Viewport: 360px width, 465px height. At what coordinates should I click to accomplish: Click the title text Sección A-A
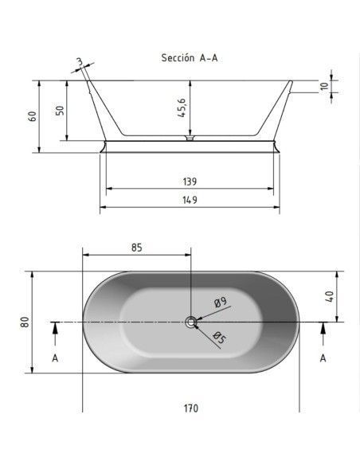click(x=190, y=57)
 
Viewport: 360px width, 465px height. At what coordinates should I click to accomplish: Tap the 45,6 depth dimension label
click(x=182, y=107)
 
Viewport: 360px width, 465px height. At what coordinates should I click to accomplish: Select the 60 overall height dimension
click(x=33, y=116)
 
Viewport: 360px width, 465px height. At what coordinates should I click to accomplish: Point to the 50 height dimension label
click(x=61, y=111)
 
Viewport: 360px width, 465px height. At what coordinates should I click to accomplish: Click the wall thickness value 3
click(x=79, y=61)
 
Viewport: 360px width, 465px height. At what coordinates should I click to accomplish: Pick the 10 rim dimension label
click(x=324, y=86)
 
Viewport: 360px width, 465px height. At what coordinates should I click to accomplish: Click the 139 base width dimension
click(x=190, y=182)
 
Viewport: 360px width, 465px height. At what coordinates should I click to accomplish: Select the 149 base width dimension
click(x=190, y=200)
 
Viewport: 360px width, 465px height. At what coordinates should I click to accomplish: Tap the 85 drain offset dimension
click(x=137, y=248)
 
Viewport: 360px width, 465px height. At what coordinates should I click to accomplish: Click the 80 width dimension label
click(x=25, y=322)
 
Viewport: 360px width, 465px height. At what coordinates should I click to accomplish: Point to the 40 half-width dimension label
click(x=329, y=296)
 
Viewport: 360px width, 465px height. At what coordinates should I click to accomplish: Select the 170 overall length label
click(x=190, y=408)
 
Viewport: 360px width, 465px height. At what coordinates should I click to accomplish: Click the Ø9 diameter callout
click(x=220, y=303)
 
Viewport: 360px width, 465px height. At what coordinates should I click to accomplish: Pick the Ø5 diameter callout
click(x=220, y=338)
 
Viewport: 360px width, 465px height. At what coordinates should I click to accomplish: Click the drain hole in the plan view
click(x=190, y=322)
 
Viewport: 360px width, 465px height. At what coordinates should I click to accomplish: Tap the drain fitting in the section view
click(x=190, y=138)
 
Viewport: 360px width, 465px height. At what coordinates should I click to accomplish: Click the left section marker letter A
click(x=55, y=358)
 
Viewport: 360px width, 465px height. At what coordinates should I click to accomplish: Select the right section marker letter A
click(x=323, y=358)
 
